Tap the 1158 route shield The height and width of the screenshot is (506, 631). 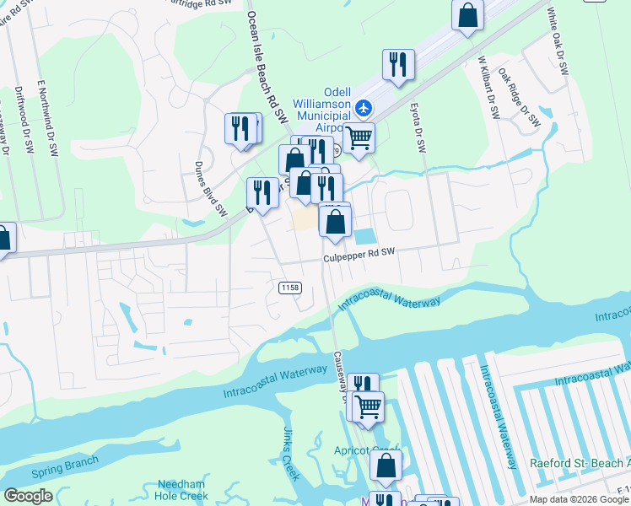289,288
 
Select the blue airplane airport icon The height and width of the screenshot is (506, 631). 364,107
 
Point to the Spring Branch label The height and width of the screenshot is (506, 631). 64,466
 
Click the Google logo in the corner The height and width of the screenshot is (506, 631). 29,496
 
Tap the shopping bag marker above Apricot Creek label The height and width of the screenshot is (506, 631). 386,465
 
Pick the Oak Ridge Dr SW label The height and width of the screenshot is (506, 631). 518,98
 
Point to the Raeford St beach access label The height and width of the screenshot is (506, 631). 580,463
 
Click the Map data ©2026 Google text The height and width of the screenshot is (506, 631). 580,499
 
